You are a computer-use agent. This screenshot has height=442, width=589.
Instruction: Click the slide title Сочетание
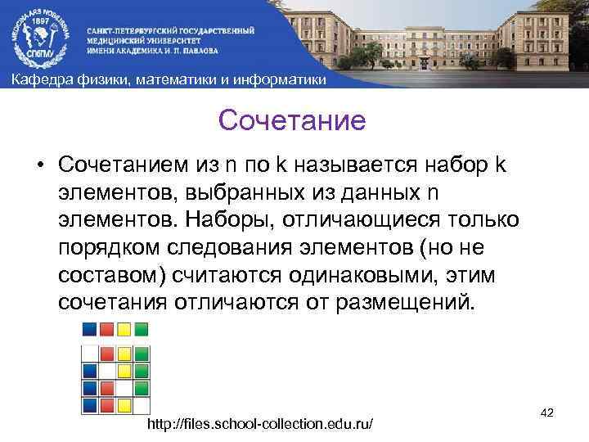(292, 122)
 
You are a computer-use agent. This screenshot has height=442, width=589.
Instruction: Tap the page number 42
(547, 413)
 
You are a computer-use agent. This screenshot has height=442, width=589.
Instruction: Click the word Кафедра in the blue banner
(38, 79)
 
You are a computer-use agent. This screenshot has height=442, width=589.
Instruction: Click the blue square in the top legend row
(89, 329)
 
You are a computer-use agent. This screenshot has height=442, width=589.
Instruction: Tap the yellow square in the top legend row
(124, 329)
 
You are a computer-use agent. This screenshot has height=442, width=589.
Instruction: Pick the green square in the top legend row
(141, 329)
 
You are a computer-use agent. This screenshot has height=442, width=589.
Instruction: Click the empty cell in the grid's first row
(89, 354)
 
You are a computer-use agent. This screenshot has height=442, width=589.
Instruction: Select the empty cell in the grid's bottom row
(141, 404)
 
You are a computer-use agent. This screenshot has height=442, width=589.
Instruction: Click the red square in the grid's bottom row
(106, 404)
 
